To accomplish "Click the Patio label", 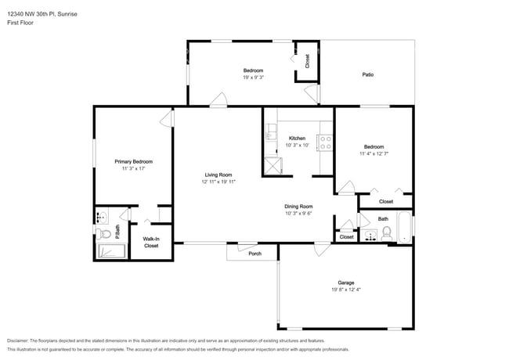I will point(367,75).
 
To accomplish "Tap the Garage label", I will point(345,283).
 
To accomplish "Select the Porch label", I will point(254,254).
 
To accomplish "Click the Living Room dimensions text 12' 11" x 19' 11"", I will point(218,182).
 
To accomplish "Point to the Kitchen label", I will point(297,139).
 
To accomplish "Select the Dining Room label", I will point(298,206).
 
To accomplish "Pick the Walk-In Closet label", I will point(150,242).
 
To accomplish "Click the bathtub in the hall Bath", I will point(403,227).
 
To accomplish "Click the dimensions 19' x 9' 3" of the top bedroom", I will point(252,77).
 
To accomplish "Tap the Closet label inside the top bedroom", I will point(307,59).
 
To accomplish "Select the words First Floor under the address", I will point(22,23).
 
